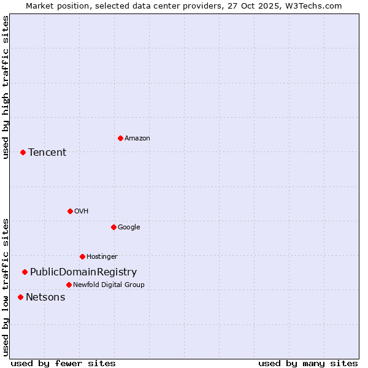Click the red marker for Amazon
(x=120, y=138)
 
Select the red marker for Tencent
(x=23, y=152)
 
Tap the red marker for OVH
(x=70, y=211)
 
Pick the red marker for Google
(x=113, y=227)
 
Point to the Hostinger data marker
(x=82, y=256)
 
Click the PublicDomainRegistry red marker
(x=25, y=272)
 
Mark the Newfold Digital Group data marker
(x=69, y=285)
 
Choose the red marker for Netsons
(x=20, y=297)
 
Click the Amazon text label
(x=137, y=139)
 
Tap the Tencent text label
(x=47, y=153)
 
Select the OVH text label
(x=82, y=212)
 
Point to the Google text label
(x=129, y=228)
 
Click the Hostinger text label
(x=102, y=257)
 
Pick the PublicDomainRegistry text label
(x=83, y=272)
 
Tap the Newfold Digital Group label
(x=109, y=285)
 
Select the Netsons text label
(x=45, y=297)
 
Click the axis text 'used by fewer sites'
(x=63, y=363)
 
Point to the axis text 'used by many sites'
(x=308, y=363)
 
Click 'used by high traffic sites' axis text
(x=6, y=87)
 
